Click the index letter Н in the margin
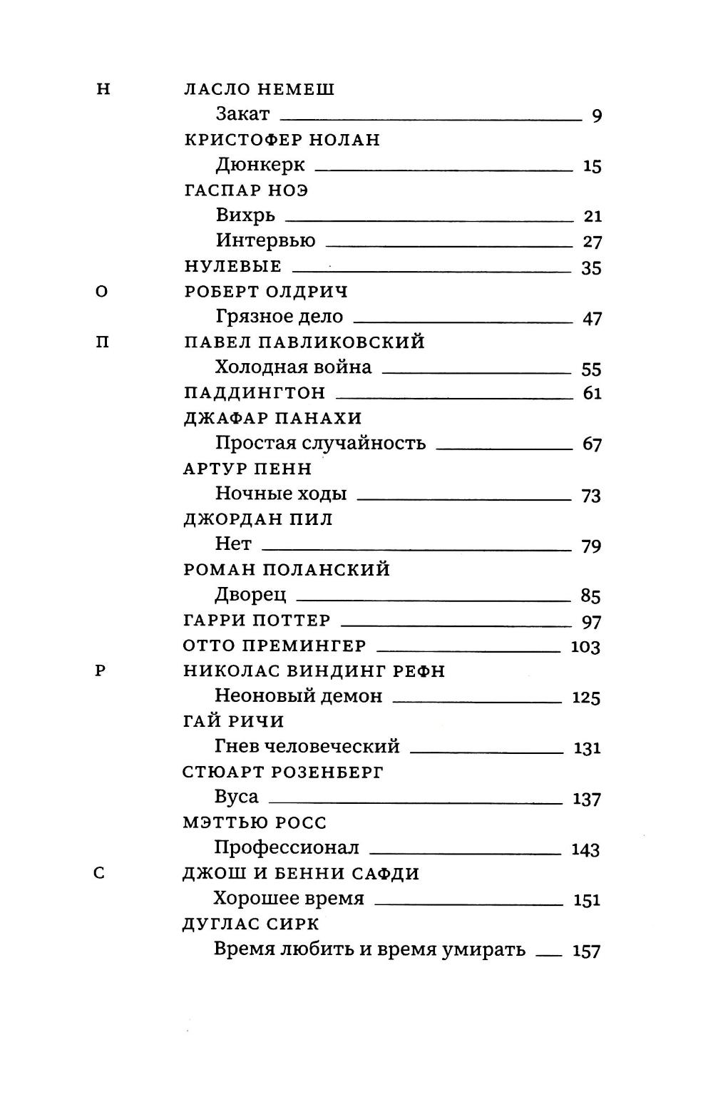(x=103, y=89)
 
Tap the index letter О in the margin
(x=102, y=292)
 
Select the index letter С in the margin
(x=99, y=872)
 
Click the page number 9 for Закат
(x=597, y=116)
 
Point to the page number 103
(x=586, y=647)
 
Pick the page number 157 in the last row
(x=586, y=951)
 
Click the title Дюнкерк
(x=260, y=165)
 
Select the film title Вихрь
(x=245, y=215)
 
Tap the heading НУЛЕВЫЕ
(x=233, y=267)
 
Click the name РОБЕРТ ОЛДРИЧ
(x=266, y=292)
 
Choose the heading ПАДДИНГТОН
(x=255, y=393)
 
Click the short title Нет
(x=233, y=544)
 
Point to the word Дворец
(x=250, y=595)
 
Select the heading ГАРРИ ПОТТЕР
(x=257, y=621)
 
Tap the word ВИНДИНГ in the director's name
(x=337, y=671)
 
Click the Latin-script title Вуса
(x=236, y=797)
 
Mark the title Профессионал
(x=287, y=848)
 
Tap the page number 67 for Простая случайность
(x=592, y=444)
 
